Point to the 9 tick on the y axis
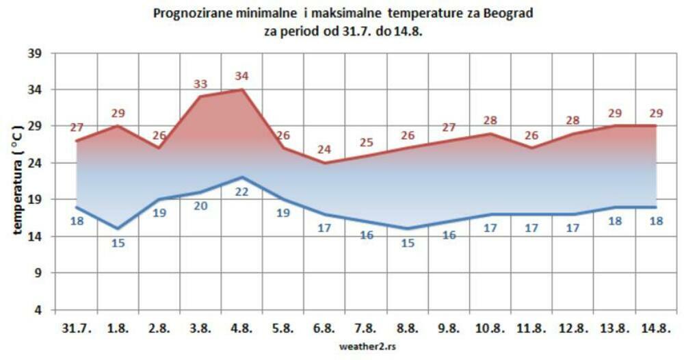40,273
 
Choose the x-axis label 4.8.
241,329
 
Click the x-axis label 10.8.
490,329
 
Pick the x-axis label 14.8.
655,329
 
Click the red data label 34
241,76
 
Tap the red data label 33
200,84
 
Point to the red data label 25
366,142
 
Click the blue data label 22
241,192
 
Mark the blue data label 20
200,205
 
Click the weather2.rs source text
367,346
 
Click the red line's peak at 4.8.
241,90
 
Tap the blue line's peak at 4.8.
241,177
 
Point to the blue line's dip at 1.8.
117,229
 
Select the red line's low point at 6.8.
324,163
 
